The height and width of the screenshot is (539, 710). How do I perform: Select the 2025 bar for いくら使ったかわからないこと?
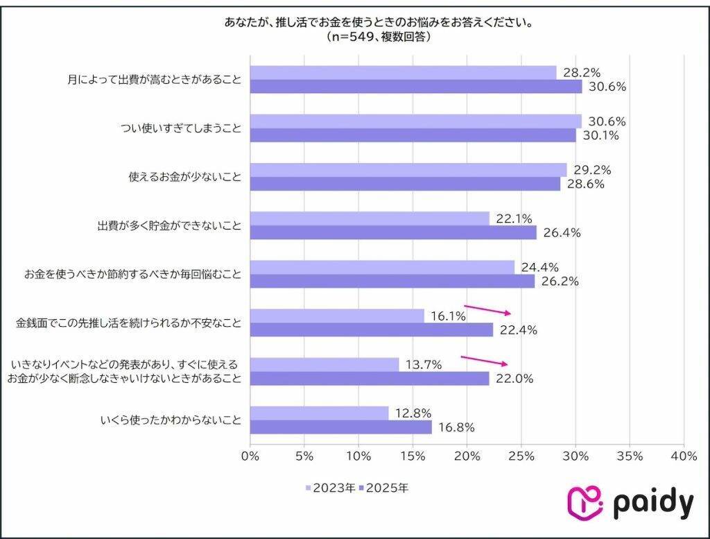click(340, 427)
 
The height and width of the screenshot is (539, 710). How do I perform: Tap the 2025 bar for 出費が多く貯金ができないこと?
click(392, 233)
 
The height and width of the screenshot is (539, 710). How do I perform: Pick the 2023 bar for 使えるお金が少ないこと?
click(408, 170)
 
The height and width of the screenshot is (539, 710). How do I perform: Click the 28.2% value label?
click(581, 73)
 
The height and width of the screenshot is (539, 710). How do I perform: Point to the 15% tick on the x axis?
click(413, 456)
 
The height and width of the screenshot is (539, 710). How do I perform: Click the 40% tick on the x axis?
click(684, 456)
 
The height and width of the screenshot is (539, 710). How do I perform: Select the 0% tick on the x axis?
click(250, 456)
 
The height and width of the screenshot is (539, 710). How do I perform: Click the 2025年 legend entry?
click(385, 488)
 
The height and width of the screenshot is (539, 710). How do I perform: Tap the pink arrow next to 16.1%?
click(487, 309)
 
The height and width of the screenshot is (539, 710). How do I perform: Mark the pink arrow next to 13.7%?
click(484, 361)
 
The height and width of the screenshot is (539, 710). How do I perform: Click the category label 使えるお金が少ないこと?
click(185, 178)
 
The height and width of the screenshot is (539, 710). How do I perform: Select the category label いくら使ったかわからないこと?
click(171, 420)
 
